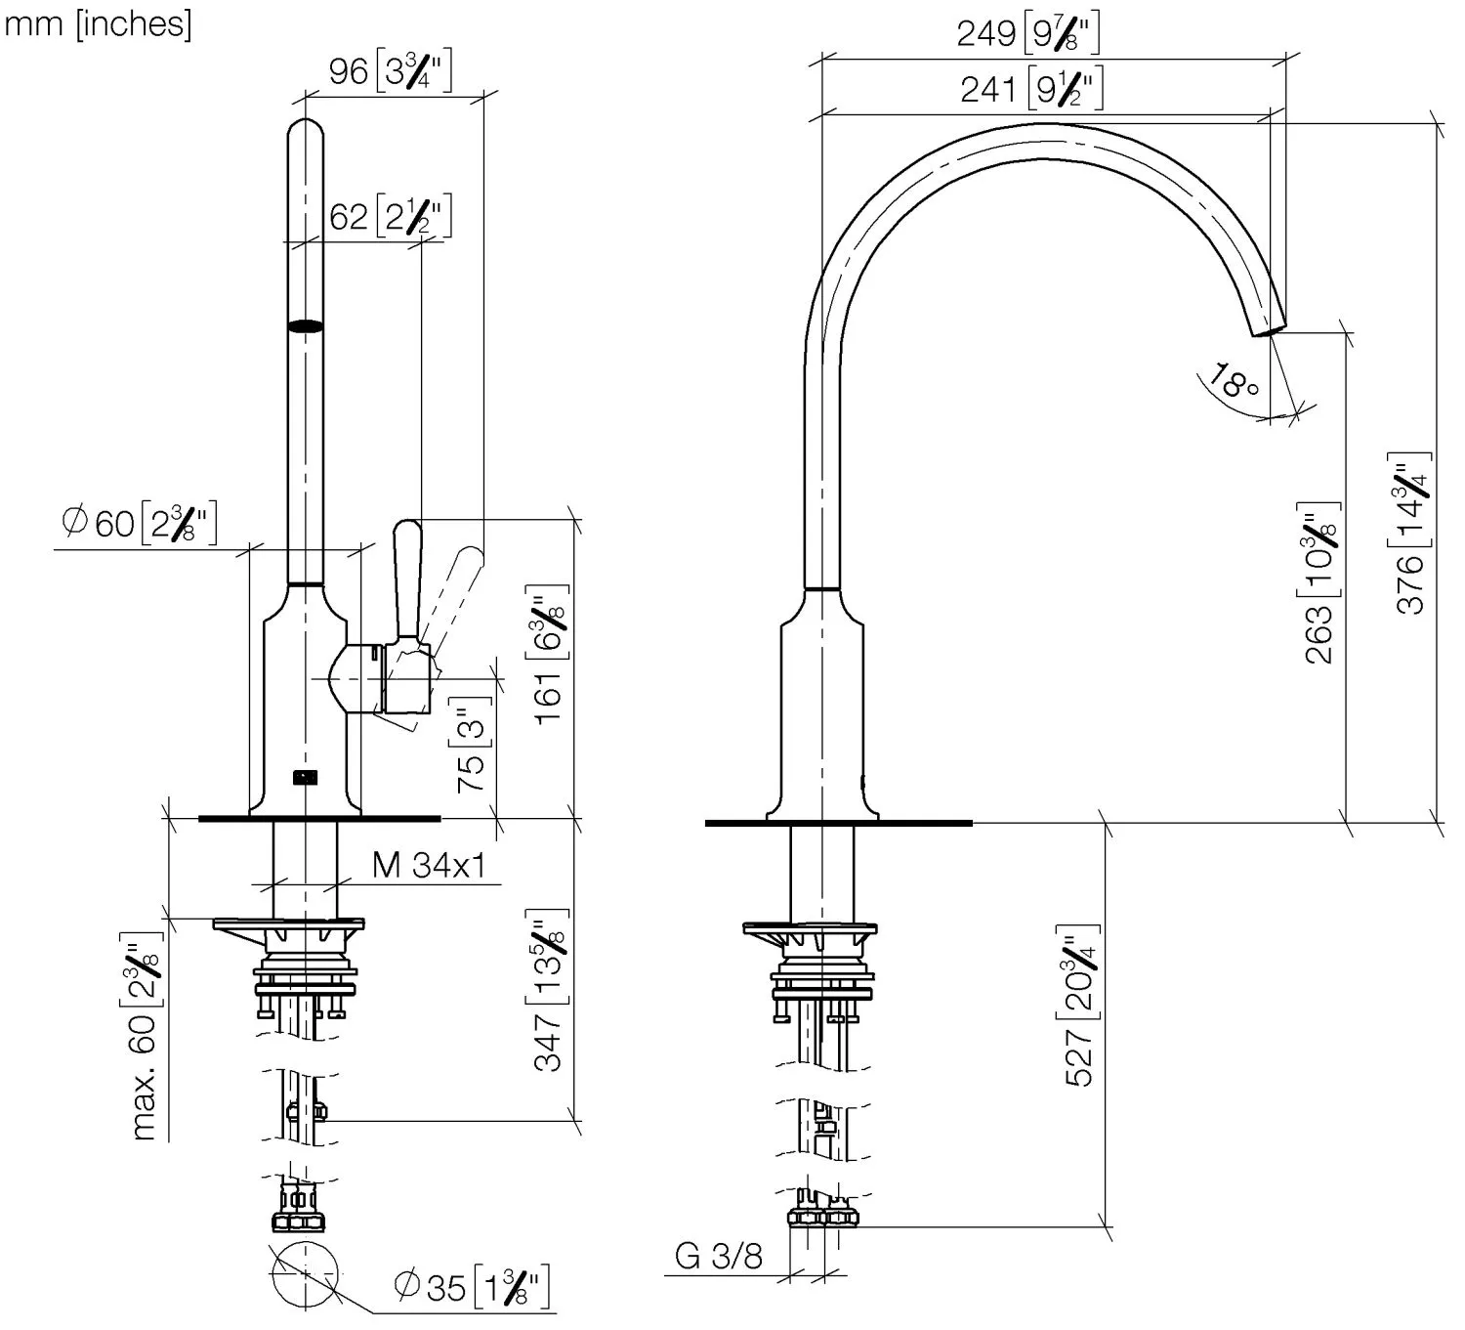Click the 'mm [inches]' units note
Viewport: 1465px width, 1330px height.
(98, 23)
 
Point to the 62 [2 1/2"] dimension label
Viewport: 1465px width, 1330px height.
(390, 216)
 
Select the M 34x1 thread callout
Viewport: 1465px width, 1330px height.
(428, 865)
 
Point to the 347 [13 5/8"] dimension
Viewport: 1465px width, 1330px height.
(550, 990)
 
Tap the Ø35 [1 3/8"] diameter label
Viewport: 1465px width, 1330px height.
(472, 1287)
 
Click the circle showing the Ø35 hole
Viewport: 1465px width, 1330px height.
(306, 1275)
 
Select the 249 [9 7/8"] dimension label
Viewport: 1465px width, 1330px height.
(1027, 33)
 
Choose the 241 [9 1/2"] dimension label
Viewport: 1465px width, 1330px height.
(1031, 89)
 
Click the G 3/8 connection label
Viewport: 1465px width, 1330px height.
(719, 1256)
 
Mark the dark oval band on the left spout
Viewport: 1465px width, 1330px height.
(306, 327)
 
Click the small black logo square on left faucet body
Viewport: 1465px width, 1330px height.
(306, 777)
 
